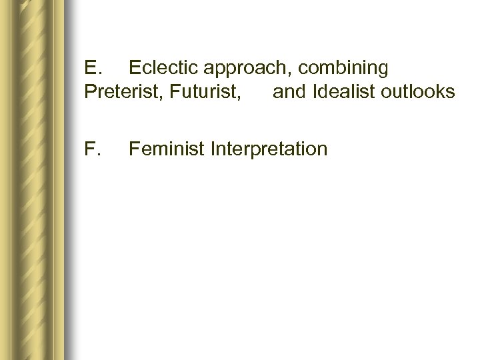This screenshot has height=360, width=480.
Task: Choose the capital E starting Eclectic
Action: tap(133, 68)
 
